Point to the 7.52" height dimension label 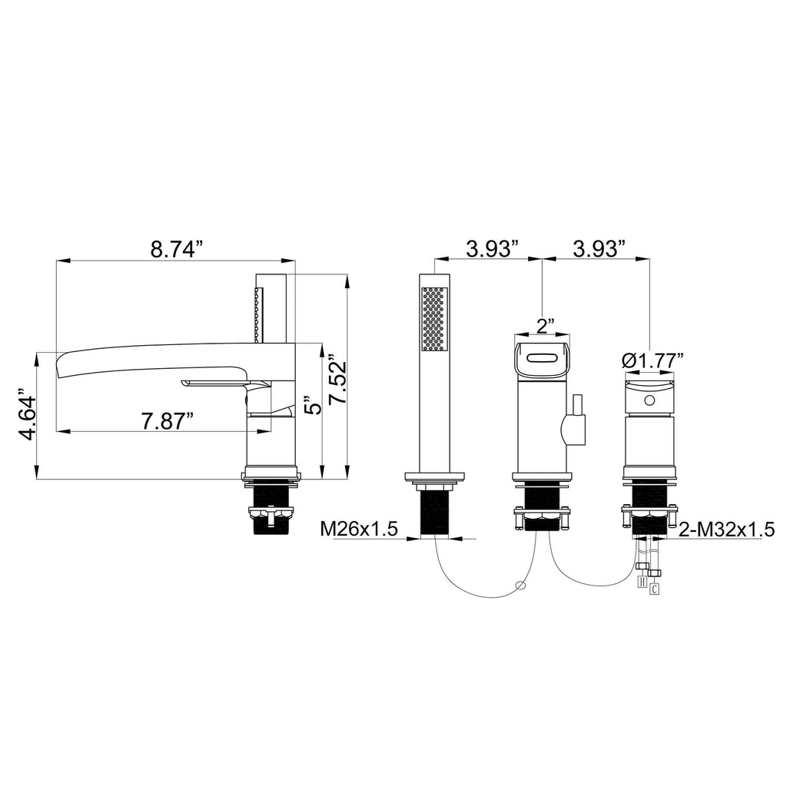click(337, 380)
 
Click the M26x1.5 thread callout click(359, 529)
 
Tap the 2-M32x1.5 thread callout click(727, 529)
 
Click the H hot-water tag click(641, 581)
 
